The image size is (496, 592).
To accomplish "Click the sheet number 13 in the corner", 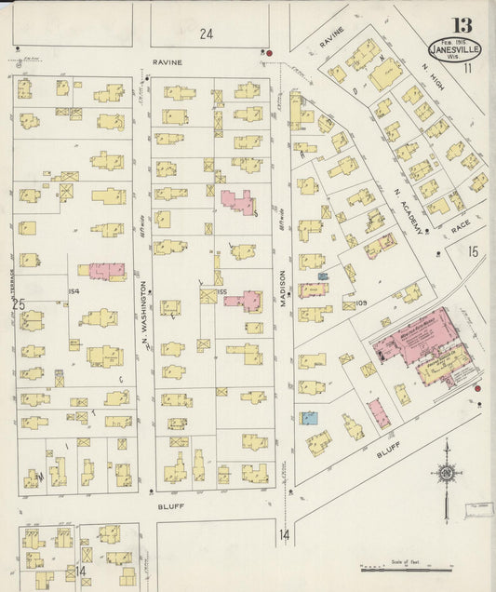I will (x=462, y=25).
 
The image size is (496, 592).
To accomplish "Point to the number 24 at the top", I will (x=206, y=34).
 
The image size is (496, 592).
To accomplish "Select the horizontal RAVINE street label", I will (x=168, y=62).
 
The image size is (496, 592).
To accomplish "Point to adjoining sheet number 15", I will (x=472, y=251).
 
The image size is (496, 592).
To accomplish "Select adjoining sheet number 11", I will (x=468, y=68).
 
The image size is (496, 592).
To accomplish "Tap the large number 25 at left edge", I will (x=18, y=304).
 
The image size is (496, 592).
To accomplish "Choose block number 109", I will (x=362, y=303).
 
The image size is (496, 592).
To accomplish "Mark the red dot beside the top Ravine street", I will (x=269, y=54).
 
